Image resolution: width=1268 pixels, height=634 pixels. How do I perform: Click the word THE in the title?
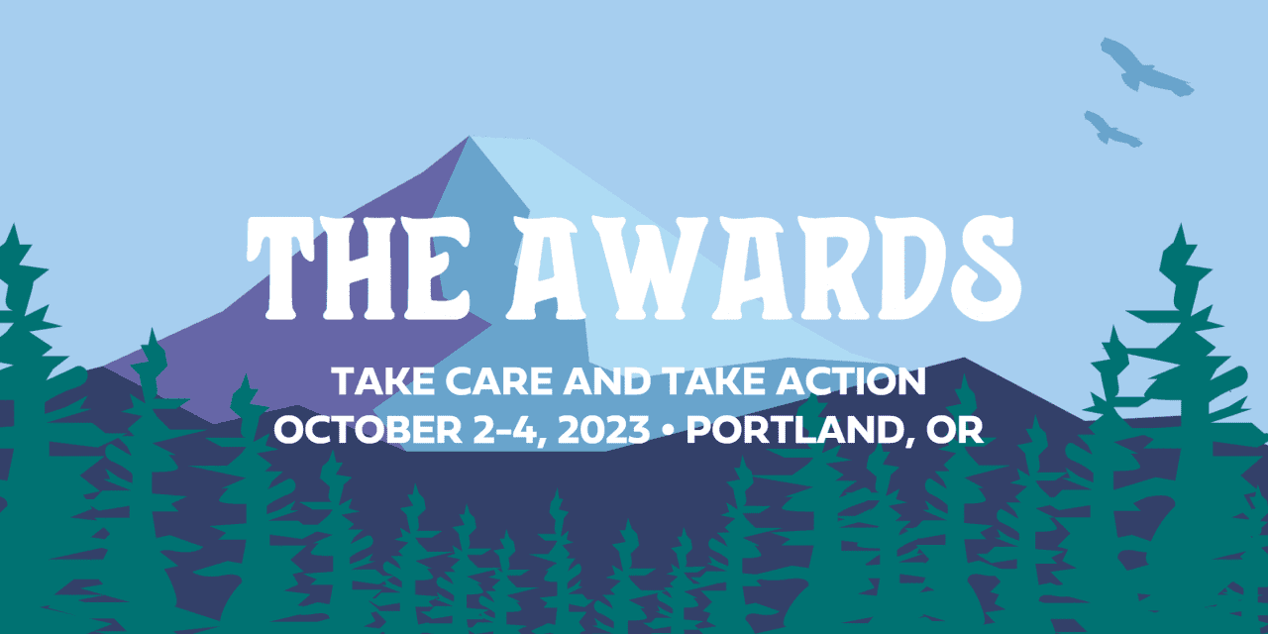coord(359,268)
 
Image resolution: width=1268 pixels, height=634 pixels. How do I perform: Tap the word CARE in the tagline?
coord(498,381)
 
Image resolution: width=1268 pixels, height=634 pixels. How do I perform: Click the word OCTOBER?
coord(368,430)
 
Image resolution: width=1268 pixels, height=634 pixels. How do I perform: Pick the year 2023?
coord(603,430)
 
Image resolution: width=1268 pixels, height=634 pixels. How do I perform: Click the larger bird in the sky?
coord(1146,69)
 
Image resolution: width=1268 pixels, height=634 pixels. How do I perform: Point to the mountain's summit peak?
coord(470,137)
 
